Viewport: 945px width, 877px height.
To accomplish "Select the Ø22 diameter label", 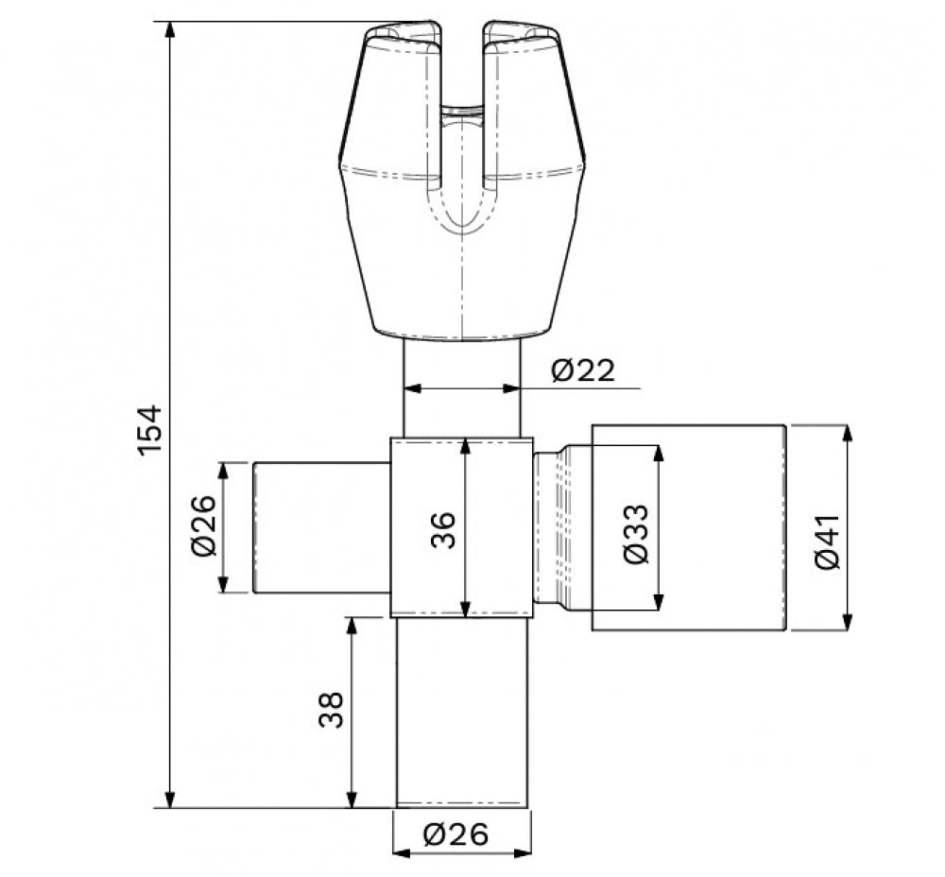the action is point(583,370).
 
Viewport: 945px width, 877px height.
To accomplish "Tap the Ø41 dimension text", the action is point(826,542).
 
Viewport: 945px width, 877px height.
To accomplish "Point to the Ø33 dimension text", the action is point(636,534).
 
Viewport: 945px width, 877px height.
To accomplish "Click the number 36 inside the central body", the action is point(443,530).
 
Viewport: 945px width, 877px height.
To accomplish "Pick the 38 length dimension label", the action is point(331,710).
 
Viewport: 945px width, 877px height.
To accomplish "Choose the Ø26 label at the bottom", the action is point(455,834).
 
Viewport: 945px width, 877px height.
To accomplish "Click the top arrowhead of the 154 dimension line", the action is point(171,31).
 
